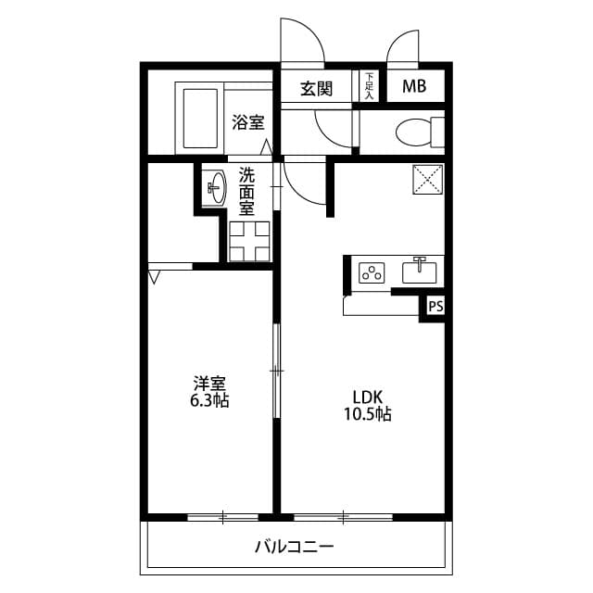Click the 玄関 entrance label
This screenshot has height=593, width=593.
pyautogui.click(x=316, y=89)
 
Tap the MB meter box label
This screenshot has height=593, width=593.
pyautogui.click(x=414, y=88)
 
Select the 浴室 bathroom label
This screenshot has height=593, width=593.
pyautogui.click(x=247, y=122)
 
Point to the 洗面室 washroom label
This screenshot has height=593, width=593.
pyautogui.click(x=246, y=192)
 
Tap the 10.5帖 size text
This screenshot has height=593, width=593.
pyautogui.click(x=367, y=414)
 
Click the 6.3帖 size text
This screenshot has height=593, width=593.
pyautogui.click(x=210, y=400)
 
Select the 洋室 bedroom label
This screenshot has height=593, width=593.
pyautogui.click(x=209, y=383)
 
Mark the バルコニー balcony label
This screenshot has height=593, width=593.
pyautogui.click(x=295, y=546)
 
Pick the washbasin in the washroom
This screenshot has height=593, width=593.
pyautogui.click(x=215, y=188)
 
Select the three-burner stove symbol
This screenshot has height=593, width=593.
pyautogui.click(x=372, y=272)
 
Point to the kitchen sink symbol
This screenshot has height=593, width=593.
pyautogui.click(x=421, y=271)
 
